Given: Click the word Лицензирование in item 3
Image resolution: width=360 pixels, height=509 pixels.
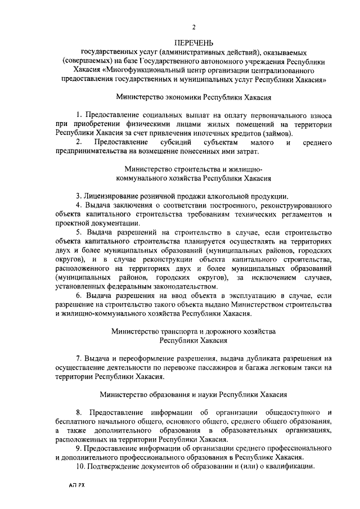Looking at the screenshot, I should coord(111,196).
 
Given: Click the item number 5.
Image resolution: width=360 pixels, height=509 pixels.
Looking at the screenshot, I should coord(79,232).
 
